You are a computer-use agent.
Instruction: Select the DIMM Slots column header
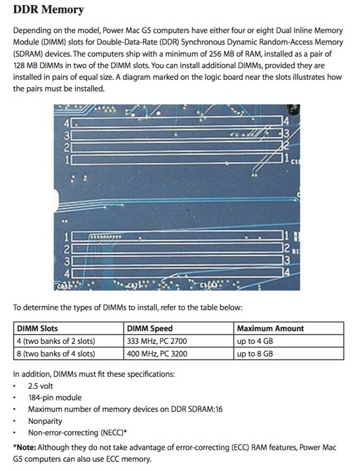37,328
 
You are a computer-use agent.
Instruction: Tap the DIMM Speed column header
149,328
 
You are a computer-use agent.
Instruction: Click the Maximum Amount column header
270,328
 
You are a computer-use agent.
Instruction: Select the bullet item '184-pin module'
55,397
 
